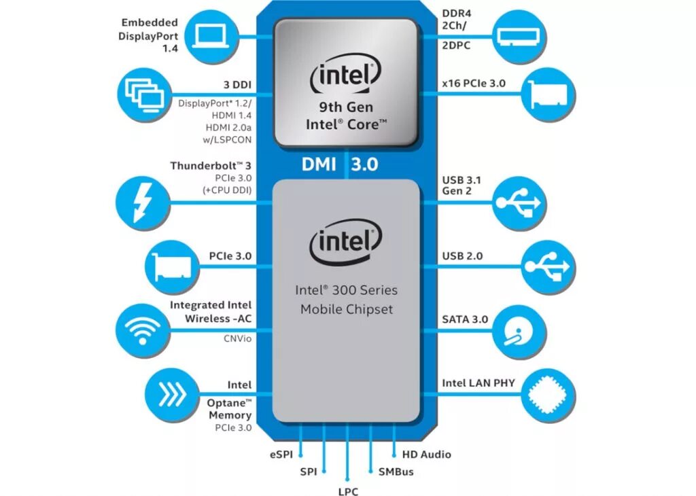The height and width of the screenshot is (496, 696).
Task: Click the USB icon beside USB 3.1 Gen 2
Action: (518, 201)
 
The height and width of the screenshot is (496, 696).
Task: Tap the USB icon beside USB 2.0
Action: (549, 266)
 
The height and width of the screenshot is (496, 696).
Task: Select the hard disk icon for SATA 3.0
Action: (518, 331)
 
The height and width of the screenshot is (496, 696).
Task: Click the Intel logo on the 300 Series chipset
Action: (345, 243)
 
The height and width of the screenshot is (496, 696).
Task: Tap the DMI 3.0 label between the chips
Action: (339, 165)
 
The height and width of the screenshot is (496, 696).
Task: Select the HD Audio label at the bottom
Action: (427, 454)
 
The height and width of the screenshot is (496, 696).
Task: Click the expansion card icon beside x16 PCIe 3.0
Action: (549, 94)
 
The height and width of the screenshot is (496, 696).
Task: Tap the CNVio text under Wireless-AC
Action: (237, 337)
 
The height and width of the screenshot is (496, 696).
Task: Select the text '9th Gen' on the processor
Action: (345, 107)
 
